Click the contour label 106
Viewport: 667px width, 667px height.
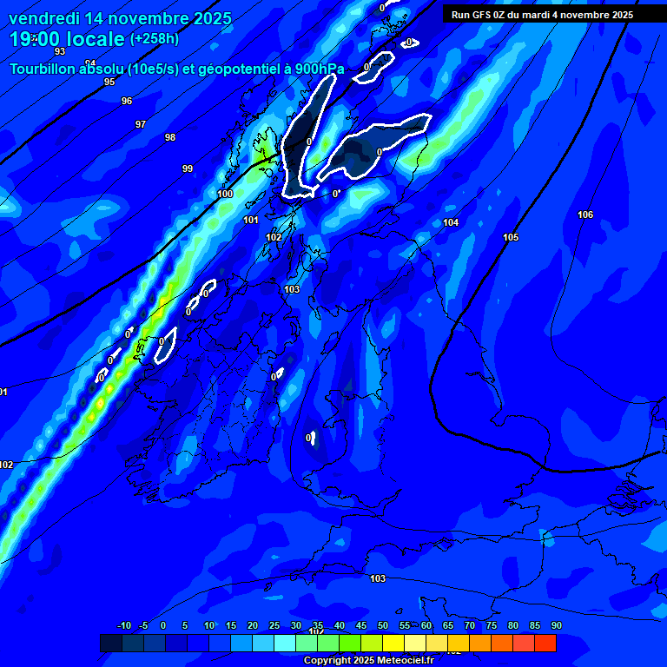point(585,215)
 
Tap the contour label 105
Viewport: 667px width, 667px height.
point(511,237)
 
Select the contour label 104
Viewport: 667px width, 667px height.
point(451,223)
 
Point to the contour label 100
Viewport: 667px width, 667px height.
point(225,194)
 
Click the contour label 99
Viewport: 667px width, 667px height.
point(188,168)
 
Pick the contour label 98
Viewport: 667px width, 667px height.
point(170,137)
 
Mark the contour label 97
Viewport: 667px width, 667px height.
point(141,124)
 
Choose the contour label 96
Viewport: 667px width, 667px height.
point(127,101)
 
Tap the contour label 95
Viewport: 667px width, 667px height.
point(109,82)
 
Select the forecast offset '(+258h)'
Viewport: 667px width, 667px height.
point(155,39)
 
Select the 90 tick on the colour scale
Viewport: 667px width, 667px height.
point(556,625)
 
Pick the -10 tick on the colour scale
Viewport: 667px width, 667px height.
point(123,625)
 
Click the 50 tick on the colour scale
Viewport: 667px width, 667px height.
point(383,625)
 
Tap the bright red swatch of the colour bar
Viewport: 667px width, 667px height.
point(545,643)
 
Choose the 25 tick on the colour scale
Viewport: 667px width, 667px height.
point(274,625)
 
